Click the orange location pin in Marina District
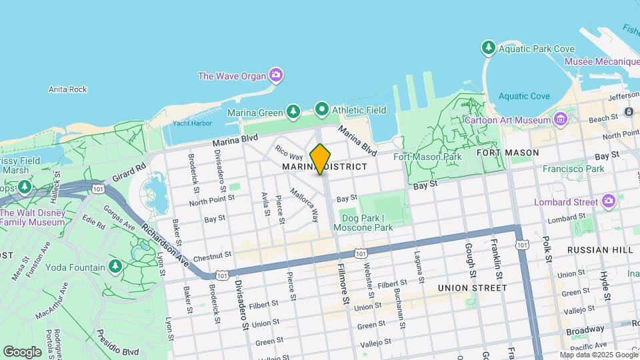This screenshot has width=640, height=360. pos(320,159)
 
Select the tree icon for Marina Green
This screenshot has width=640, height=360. pos(293,111)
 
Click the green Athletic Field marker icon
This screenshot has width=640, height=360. pos(322,109)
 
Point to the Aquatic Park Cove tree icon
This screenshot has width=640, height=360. pos(488,48)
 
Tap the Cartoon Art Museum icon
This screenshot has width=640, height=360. pos(561,120)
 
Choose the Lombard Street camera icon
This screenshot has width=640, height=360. pos(608,201)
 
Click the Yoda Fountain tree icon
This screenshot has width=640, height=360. pos(116,267)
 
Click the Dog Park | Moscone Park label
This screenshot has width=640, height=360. pos(367,223)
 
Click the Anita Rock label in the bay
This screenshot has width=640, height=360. pos(68,89)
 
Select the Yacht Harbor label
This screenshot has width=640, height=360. pos(191,123)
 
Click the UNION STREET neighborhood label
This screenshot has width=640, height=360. pos(472,288)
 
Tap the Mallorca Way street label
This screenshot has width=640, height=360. pos(304,205)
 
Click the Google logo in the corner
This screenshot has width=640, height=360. pos(22,351)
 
